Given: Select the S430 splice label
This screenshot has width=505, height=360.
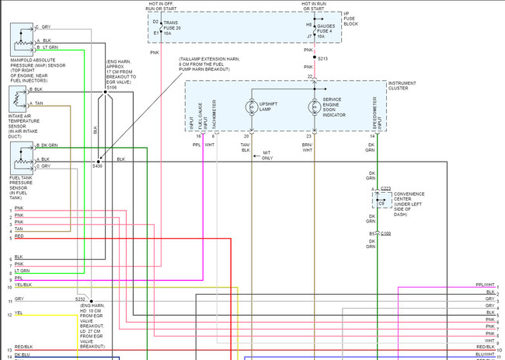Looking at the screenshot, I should coord(97,166).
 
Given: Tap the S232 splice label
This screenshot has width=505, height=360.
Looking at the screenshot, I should coord(81,299).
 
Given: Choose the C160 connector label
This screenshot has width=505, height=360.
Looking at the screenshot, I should coord(385,233).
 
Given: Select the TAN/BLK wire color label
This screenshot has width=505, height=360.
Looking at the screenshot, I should coord(246,147).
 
